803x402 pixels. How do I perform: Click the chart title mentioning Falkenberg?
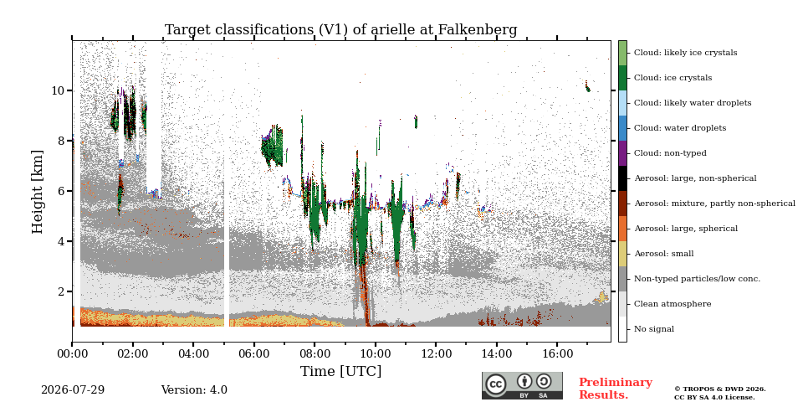click(x=340, y=30)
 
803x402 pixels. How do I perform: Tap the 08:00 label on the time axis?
click(x=315, y=353)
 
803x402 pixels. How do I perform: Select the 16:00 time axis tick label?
click(x=557, y=353)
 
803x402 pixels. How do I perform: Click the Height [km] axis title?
click(x=38, y=192)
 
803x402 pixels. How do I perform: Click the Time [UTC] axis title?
click(x=340, y=371)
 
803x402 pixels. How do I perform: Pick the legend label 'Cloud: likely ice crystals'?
click(x=685, y=53)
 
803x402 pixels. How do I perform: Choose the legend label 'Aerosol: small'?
click(x=663, y=254)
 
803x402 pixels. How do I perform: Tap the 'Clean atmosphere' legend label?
click(x=673, y=304)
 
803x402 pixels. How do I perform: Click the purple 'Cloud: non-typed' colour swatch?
click(x=622, y=153)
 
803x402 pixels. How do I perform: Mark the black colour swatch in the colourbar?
click(x=622, y=178)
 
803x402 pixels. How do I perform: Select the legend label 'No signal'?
click(x=654, y=329)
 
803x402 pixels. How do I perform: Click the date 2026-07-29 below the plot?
click(x=73, y=390)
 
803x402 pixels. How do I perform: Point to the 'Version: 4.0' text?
click(x=194, y=390)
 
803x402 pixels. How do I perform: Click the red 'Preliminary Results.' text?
click(x=616, y=389)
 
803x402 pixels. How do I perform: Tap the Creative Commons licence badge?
click(x=522, y=385)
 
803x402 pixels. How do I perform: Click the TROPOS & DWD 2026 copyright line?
click(x=719, y=389)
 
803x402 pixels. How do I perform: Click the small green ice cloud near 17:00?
click(x=587, y=86)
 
